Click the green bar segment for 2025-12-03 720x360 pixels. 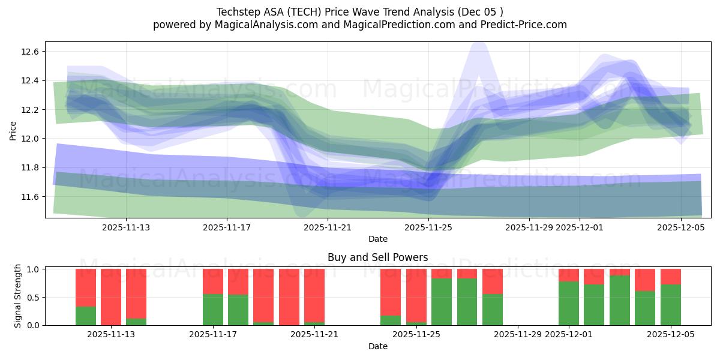pyautogui.click(x=619, y=300)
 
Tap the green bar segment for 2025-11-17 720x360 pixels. pyautogui.click(x=212, y=309)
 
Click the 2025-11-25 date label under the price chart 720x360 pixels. pyautogui.click(x=428, y=227)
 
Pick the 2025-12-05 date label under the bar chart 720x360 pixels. pyautogui.click(x=670, y=335)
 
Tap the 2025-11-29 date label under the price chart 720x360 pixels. pyautogui.click(x=529, y=227)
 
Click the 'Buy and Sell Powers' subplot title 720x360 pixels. pyautogui.click(x=377, y=257)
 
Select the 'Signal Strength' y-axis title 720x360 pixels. pyautogui.click(x=18, y=296)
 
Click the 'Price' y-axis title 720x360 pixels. pyautogui.click(x=13, y=130)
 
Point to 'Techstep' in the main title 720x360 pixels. pyautogui.click(x=236, y=11)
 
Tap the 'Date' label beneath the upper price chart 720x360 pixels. pyautogui.click(x=377, y=239)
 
